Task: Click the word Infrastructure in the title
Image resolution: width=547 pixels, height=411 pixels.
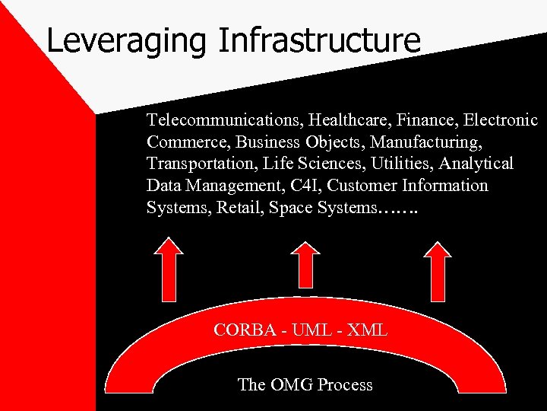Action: pyautogui.click(x=318, y=40)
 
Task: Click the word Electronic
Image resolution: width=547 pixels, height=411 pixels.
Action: pyautogui.click(x=500, y=120)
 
